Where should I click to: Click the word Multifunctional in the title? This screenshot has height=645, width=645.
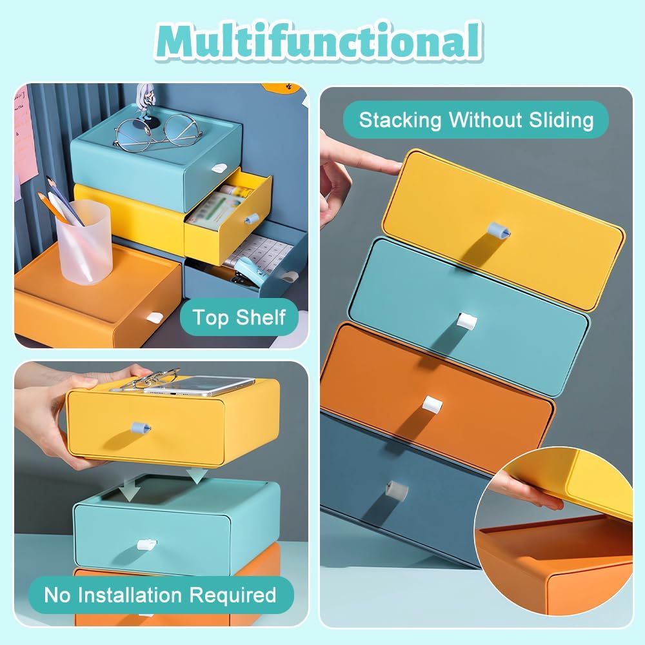(x=321, y=42)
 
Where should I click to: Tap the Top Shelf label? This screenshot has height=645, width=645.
(x=240, y=318)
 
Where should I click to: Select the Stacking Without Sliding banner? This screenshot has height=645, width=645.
(x=476, y=120)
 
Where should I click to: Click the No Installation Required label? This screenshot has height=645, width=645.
(x=160, y=595)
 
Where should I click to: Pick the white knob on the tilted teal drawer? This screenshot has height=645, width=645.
(x=466, y=321)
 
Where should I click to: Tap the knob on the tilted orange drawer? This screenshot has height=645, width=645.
(x=432, y=406)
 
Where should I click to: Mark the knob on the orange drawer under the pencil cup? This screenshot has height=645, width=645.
(x=154, y=318)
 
